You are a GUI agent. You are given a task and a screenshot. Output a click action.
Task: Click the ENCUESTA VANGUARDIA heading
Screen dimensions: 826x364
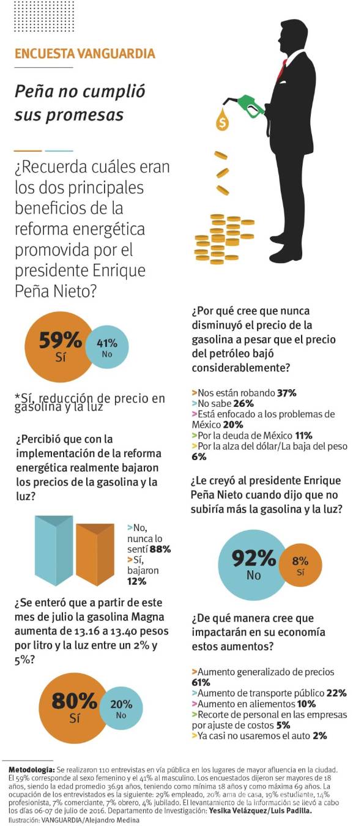click(x=84, y=53)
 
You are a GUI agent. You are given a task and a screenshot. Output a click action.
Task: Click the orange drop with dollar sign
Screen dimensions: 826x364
click(x=222, y=121)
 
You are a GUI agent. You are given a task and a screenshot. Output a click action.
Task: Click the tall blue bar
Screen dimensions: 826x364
click(x=54, y=550)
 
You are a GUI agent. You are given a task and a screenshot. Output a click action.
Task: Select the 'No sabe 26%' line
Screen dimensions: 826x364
click(x=223, y=403)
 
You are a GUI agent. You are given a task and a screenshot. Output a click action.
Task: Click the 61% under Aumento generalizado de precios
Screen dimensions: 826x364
click(x=201, y=682)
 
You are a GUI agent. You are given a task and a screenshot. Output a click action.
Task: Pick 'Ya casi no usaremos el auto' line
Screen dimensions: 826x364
click(x=259, y=735)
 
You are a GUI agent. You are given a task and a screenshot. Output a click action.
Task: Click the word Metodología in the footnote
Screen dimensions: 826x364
click(x=31, y=768)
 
